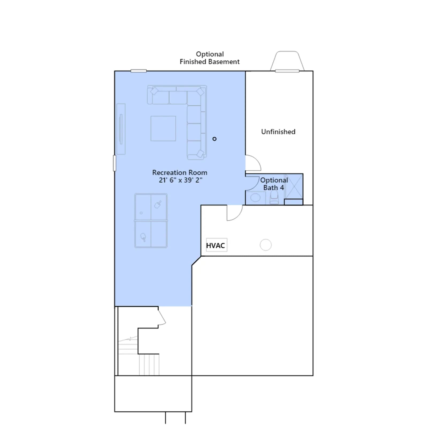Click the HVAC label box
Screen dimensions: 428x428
pyautogui.click(x=216, y=245)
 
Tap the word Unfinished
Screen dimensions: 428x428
pyautogui.click(x=278, y=132)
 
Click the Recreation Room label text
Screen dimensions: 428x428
pyautogui.click(x=180, y=173)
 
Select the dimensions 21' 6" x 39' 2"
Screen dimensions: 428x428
pyautogui.click(x=181, y=180)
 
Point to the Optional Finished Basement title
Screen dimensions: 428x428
pyautogui.click(x=210, y=58)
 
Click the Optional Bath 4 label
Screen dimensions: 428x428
pyautogui.click(x=274, y=184)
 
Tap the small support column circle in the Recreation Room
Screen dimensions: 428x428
pyautogui.click(x=214, y=139)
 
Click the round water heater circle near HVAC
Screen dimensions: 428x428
pyautogui.click(x=266, y=245)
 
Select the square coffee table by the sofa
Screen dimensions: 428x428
pyautogui.click(x=163, y=128)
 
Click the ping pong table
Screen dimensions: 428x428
pyautogui.click(x=151, y=221)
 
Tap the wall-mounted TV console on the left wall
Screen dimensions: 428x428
pyautogui.click(x=121, y=129)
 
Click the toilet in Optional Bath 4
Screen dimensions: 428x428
pyautogui.click(x=274, y=198)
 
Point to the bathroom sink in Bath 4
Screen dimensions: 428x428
pyautogui.click(x=255, y=198)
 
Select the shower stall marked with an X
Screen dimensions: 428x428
pyautogui.click(x=294, y=186)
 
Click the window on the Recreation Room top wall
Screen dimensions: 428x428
pyautogui.click(x=139, y=71)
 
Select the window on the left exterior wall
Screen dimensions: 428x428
pyautogui.click(x=114, y=163)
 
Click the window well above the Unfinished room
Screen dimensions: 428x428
pyautogui.click(x=287, y=61)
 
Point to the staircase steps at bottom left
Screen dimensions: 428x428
pyautogui.click(x=139, y=356)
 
